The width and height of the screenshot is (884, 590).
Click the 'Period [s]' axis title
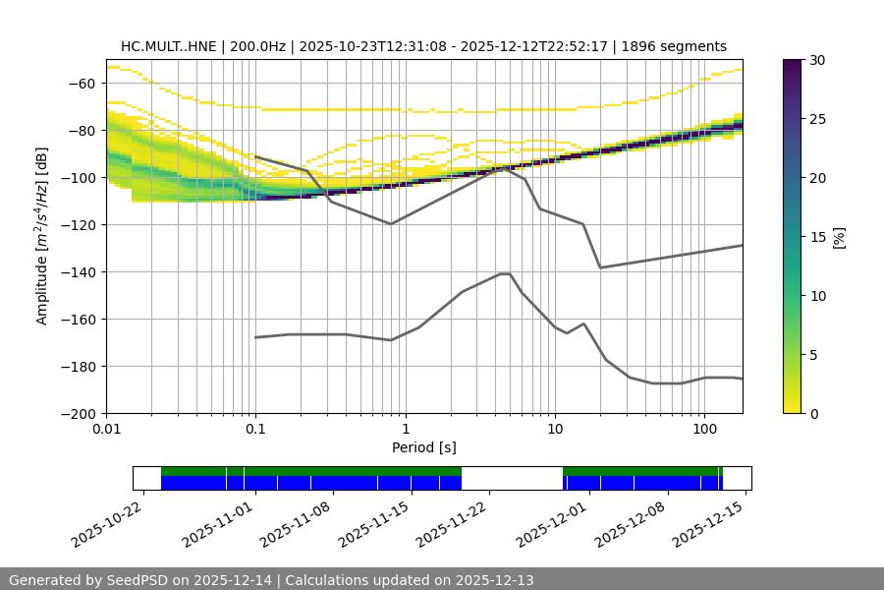click(x=424, y=448)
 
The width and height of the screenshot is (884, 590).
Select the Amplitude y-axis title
click(x=42, y=236)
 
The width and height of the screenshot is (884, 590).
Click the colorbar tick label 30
click(x=817, y=60)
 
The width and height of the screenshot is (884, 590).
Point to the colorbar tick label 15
click(x=817, y=237)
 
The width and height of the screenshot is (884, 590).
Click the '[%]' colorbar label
click(x=838, y=237)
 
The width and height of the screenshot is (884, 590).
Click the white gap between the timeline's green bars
click(x=512, y=478)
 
